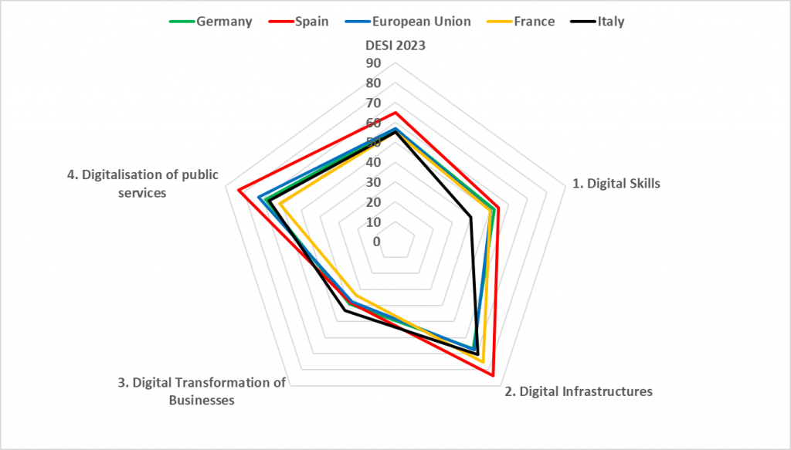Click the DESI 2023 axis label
(x=395, y=45)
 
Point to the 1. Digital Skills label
(x=616, y=184)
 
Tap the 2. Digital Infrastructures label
(x=579, y=391)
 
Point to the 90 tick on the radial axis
(x=374, y=63)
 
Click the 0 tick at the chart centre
(x=376, y=242)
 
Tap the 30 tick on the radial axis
(x=374, y=182)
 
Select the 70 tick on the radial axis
(x=374, y=103)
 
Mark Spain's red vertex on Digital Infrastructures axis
(x=494, y=375)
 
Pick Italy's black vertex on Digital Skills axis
(x=470, y=217)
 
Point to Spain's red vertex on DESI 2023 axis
(x=395, y=113)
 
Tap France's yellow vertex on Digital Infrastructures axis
(x=484, y=362)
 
